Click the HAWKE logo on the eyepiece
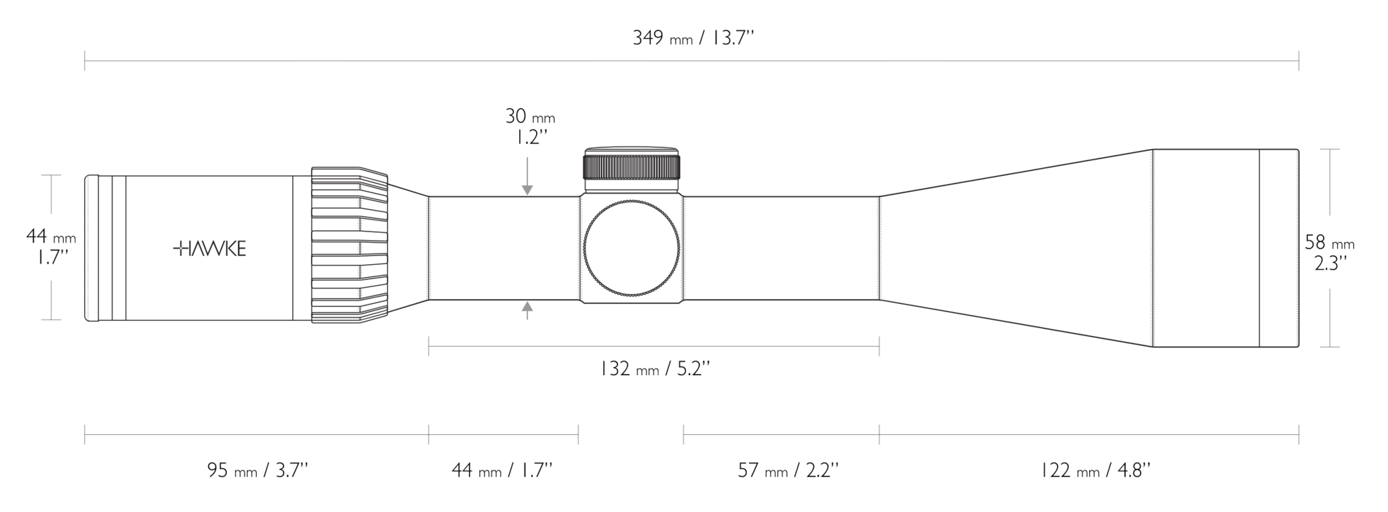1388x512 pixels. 209,249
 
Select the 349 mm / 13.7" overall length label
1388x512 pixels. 693,38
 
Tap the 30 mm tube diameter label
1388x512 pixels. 529,127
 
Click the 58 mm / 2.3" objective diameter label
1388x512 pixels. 1330,253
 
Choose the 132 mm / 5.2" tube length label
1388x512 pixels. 655,369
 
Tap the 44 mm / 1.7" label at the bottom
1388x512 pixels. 502,470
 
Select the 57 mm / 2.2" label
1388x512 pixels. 788,470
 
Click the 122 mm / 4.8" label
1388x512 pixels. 1095,470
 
